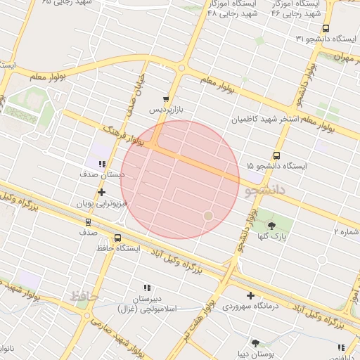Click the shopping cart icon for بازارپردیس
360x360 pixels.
166,100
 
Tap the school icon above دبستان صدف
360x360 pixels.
103,163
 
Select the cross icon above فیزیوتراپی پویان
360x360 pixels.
102,192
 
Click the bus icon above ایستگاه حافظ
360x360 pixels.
117,238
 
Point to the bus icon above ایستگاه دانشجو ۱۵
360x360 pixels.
276,155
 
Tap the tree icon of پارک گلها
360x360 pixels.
271,226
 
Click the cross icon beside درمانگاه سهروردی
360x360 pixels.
251,295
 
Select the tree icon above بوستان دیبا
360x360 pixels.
255,343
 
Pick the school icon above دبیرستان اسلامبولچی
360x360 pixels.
147,288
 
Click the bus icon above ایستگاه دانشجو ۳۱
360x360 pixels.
325,29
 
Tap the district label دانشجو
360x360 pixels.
264,191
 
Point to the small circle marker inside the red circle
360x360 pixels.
207,215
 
